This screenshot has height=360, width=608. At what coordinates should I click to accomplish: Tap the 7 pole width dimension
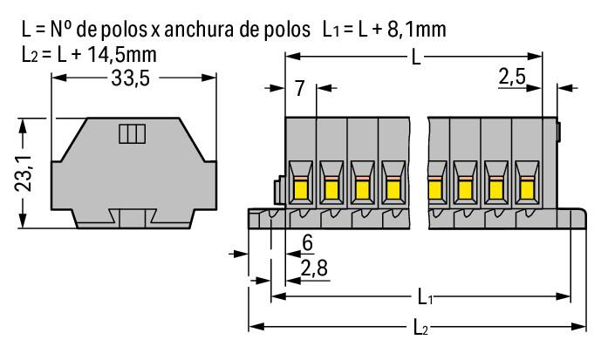[x=299, y=87]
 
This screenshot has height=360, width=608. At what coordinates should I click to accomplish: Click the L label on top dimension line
[x=413, y=58]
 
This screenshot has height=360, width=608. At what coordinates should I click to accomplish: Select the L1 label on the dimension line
[x=423, y=297]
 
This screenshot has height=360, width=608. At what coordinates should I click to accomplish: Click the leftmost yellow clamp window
[x=300, y=188]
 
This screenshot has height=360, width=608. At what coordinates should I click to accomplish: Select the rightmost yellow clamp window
[x=526, y=188]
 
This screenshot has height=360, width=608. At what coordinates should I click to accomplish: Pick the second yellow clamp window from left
[x=331, y=188]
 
